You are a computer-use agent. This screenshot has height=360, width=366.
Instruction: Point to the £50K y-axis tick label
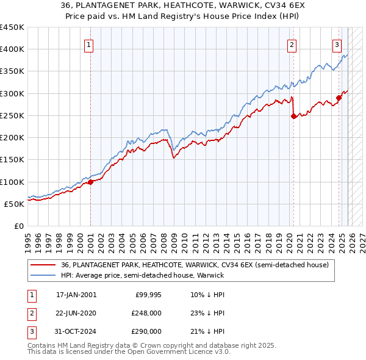tap(13, 204)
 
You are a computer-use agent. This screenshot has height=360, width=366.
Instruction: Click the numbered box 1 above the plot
tap(89, 45)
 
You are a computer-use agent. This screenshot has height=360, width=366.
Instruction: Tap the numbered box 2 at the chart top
tap(292, 45)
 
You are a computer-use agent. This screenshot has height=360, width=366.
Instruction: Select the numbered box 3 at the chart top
tap(337, 45)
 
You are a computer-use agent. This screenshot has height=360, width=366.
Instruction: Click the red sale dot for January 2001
tap(90, 181)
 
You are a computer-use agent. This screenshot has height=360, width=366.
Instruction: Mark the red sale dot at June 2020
tap(293, 116)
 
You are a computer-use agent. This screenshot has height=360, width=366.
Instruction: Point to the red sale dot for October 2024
tap(339, 98)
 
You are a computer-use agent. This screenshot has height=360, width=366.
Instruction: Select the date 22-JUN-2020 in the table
tap(76, 313)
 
